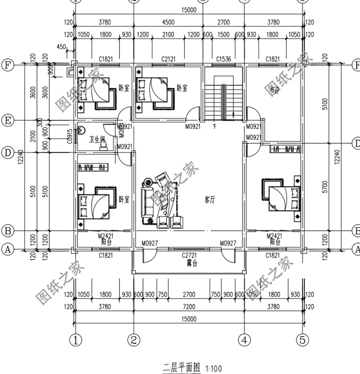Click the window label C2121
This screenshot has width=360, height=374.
tap(168, 59)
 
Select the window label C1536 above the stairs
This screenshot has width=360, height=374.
tap(224, 59)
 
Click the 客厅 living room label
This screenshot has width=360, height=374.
tap(209, 200)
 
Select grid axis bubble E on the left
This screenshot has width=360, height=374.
tap(8, 120)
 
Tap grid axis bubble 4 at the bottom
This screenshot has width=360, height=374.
tap(245, 340)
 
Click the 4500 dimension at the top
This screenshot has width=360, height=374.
tap(168, 22)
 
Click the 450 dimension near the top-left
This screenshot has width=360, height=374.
tap(61, 47)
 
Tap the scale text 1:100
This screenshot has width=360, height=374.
tap(214, 369)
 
